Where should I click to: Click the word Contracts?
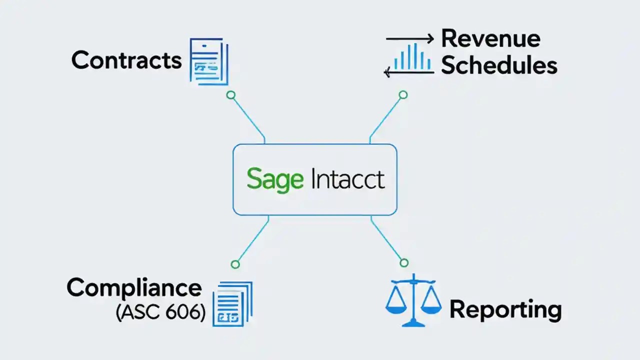(126, 60)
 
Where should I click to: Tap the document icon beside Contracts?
(208, 61)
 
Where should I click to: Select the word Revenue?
(490, 38)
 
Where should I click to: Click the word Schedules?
(498, 65)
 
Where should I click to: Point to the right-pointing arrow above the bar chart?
(409, 38)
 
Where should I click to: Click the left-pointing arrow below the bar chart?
(408, 73)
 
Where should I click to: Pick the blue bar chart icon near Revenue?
(412, 57)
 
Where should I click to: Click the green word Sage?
(274, 180)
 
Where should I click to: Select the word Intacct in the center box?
(347, 179)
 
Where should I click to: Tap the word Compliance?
(134, 288)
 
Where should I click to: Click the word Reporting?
(505, 309)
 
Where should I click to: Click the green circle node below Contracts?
(230, 95)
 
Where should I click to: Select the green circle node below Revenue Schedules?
(403, 95)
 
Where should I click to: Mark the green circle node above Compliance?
(235, 264)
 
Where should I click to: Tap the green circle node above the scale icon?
(404, 262)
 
